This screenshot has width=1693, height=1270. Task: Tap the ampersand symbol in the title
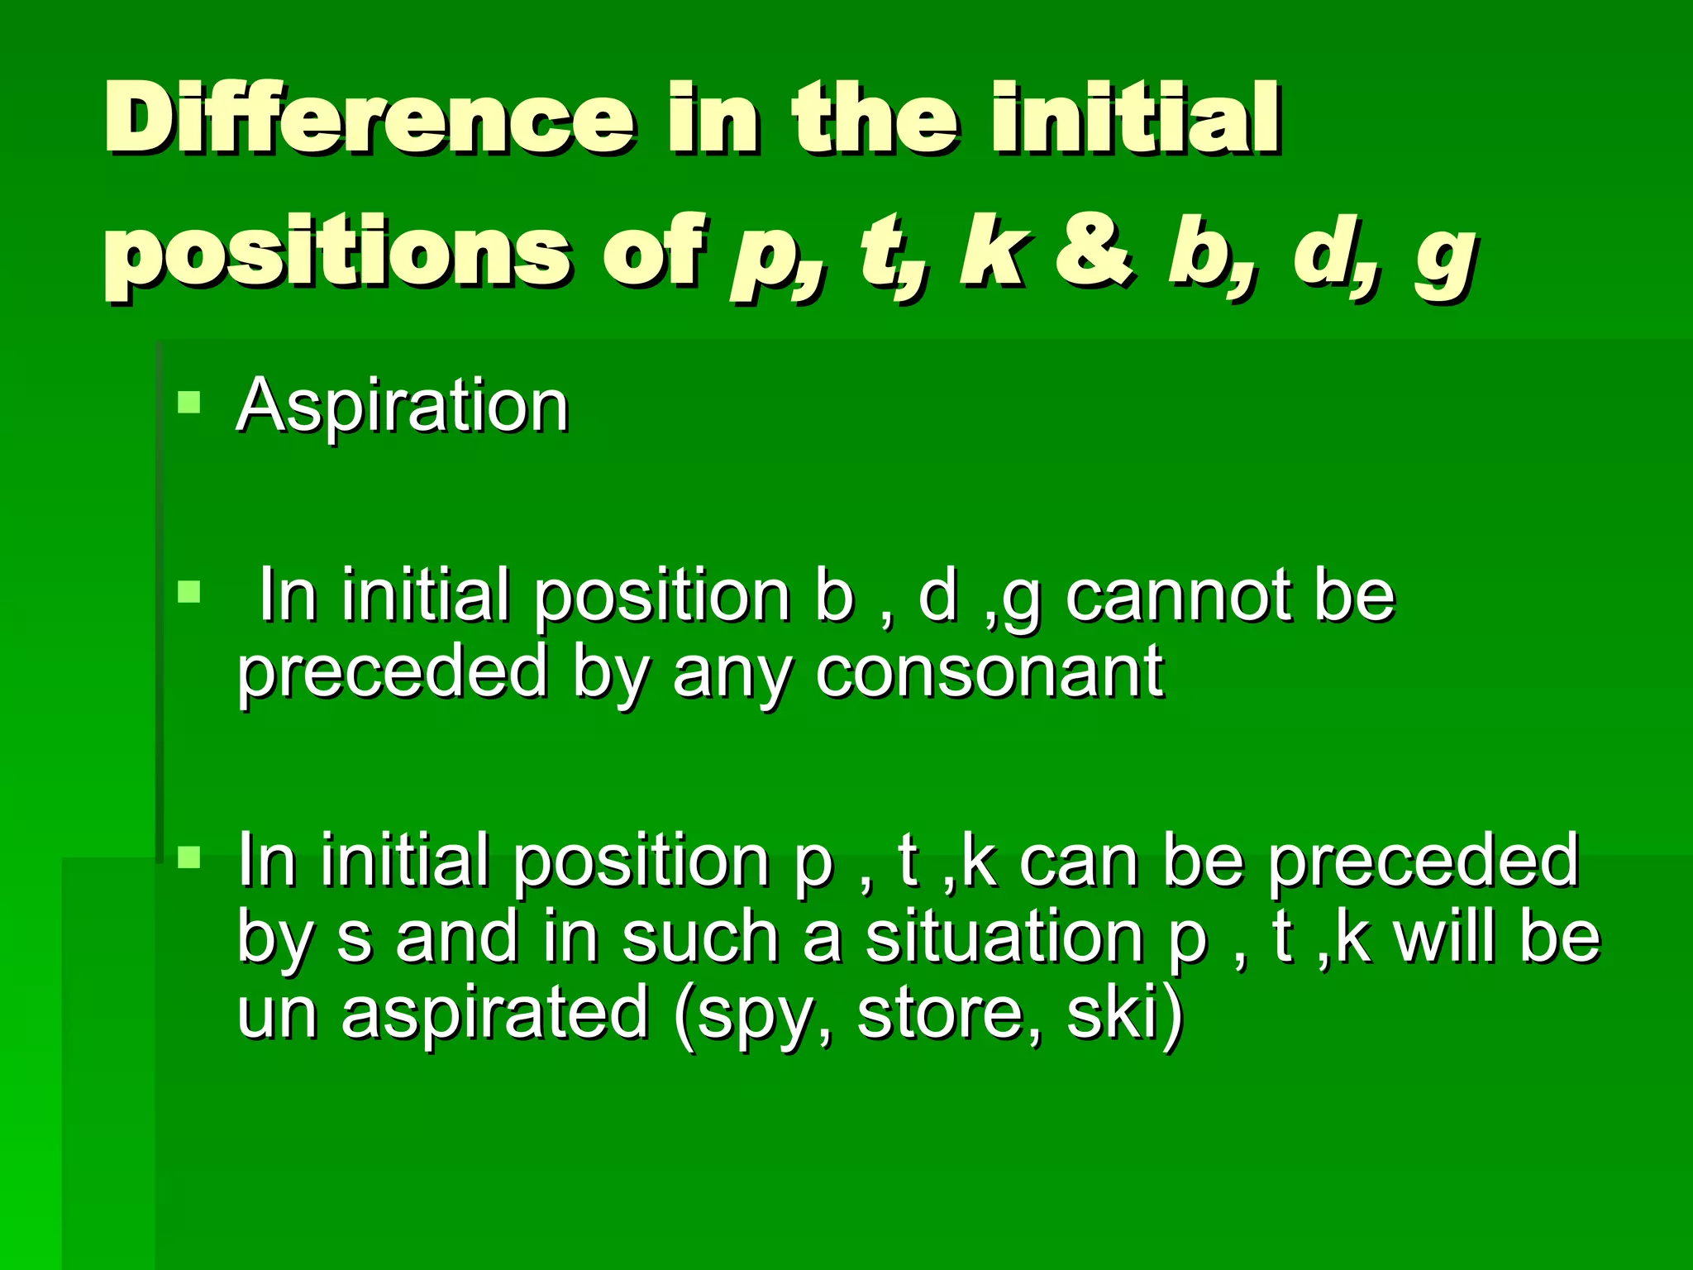tap(1094, 250)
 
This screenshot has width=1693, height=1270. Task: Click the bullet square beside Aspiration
tap(189, 402)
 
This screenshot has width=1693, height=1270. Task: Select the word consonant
tap(990, 671)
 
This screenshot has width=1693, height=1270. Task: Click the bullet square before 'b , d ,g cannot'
tap(189, 591)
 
